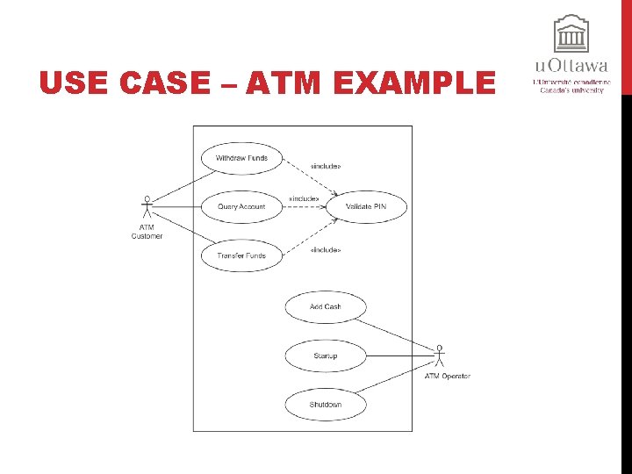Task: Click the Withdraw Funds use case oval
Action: tap(241, 159)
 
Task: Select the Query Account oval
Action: tap(241, 207)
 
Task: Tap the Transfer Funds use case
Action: tap(241, 256)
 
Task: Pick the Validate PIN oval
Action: tap(366, 207)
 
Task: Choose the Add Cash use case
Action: tap(326, 307)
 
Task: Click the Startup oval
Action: tap(326, 356)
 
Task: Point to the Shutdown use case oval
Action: tap(326, 405)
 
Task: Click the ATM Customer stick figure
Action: tap(147, 208)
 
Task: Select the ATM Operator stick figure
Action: tap(440, 355)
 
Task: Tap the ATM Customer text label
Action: tap(147, 232)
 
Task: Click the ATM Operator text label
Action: tap(448, 377)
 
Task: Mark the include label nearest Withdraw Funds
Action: tap(326, 166)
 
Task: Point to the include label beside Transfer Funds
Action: tap(326, 250)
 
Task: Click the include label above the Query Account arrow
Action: tap(304, 199)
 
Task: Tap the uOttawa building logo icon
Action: tap(571, 35)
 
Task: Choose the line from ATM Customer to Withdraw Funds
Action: tap(180, 187)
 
